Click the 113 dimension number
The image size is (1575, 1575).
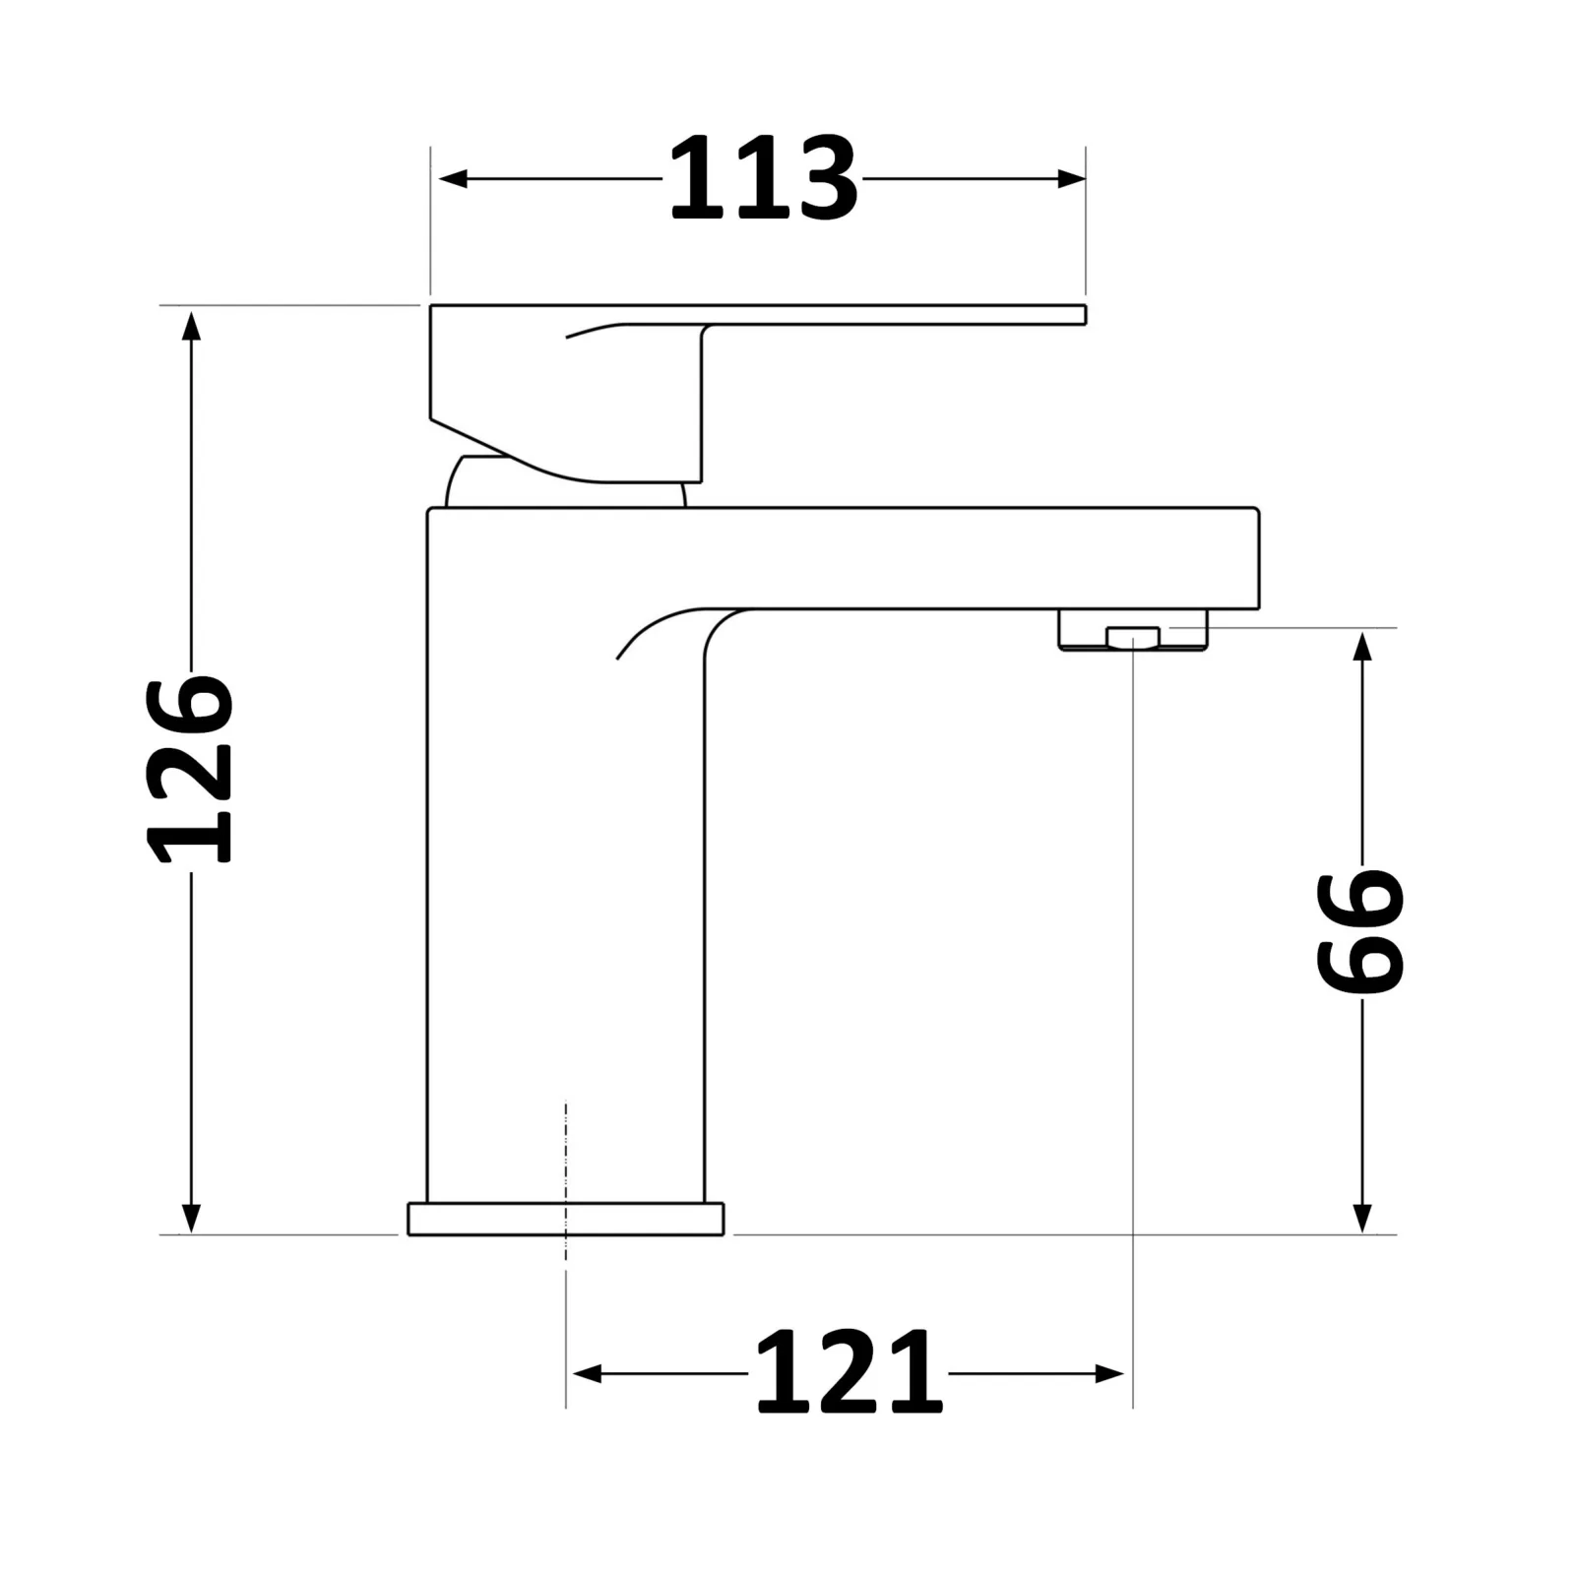click(763, 179)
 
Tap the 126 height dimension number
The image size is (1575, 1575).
click(190, 769)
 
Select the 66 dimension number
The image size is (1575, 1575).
click(1361, 930)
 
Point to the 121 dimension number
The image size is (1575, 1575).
click(849, 1373)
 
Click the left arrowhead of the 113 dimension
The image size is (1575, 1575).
click(453, 179)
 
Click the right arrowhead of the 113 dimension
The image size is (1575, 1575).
click(1071, 179)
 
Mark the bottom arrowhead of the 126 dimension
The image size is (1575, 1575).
click(192, 1217)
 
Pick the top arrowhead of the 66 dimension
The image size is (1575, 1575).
click(1362, 647)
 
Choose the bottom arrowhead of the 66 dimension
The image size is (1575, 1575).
click(1362, 1217)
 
